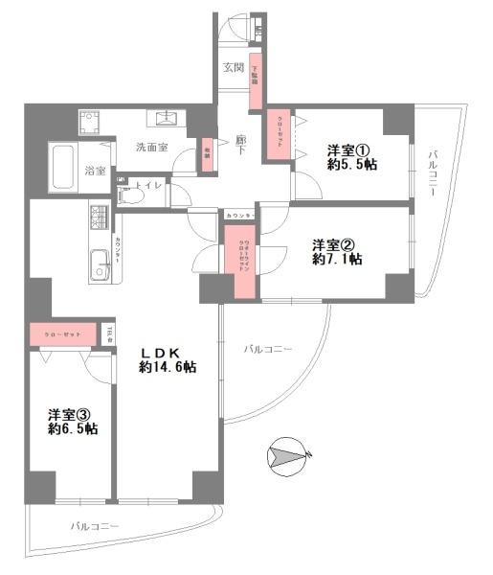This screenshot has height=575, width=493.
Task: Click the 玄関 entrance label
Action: click(x=233, y=68)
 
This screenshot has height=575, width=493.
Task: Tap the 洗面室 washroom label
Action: click(x=151, y=148)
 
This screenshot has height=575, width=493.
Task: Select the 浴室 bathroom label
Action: click(x=95, y=172)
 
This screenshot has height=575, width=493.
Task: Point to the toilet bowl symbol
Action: click(x=134, y=195)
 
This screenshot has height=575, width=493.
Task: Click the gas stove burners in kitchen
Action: click(x=101, y=220)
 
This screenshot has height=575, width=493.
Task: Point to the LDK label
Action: click(x=164, y=351)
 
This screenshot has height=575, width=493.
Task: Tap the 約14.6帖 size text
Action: click(x=168, y=367)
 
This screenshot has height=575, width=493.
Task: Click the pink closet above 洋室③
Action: click(x=62, y=334)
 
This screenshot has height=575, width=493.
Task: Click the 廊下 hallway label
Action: click(x=241, y=146)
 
